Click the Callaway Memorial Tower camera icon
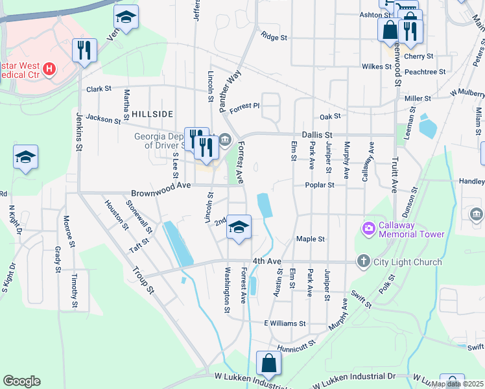click(x=369, y=228)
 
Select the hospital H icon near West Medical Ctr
click(x=49, y=68)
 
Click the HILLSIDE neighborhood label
click(x=152, y=114)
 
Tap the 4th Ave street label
click(x=267, y=261)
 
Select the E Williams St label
click(x=285, y=323)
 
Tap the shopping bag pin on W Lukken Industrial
click(x=268, y=364)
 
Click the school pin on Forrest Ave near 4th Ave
click(x=239, y=228)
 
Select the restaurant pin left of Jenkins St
click(x=84, y=51)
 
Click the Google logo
click(x=21, y=381)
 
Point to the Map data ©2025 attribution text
click(x=456, y=384)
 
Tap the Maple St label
click(x=310, y=239)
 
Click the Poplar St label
click(x=320, y=185)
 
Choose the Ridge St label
click(x=274, y=38)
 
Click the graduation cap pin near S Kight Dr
click(x=25, y=158)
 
